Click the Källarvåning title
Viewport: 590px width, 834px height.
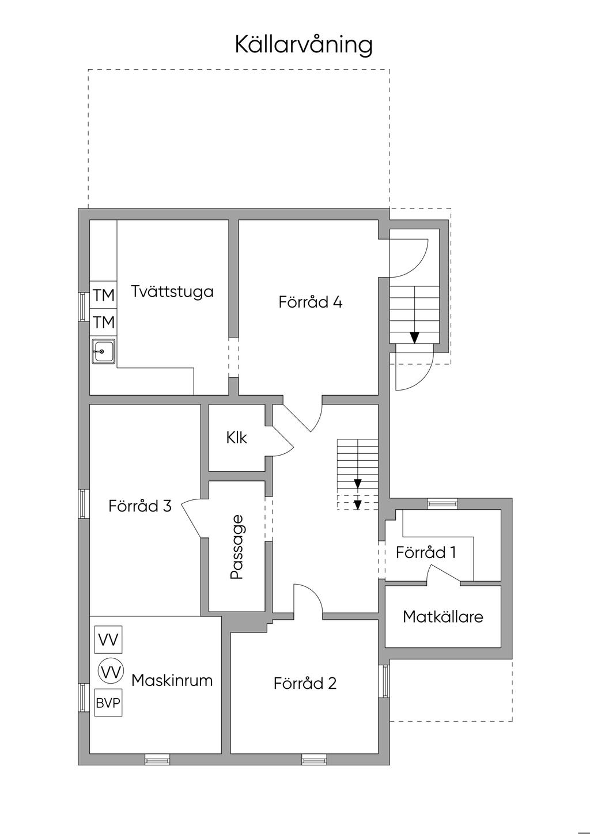point(304,44)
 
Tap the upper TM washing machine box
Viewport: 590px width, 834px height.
point(104,295)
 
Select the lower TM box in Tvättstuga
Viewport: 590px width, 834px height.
point(104,322)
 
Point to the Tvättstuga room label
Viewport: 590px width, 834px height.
point(172,291)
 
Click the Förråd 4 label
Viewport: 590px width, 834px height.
point(310,302)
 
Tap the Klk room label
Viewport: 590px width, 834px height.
point(236,438)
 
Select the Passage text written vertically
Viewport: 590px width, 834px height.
point(237,547)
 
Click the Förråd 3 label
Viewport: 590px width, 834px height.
point(140,506)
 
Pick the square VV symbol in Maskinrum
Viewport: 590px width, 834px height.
point(108,640)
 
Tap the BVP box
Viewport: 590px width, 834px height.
point(108,703)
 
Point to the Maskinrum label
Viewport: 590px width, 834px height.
point(172,680)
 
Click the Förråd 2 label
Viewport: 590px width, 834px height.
point(305,683)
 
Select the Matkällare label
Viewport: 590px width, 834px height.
point(442,617)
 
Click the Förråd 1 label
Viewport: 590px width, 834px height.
point(426,552)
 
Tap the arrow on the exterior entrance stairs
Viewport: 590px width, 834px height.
point(414,337)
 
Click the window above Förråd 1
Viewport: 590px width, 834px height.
point(442,504)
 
